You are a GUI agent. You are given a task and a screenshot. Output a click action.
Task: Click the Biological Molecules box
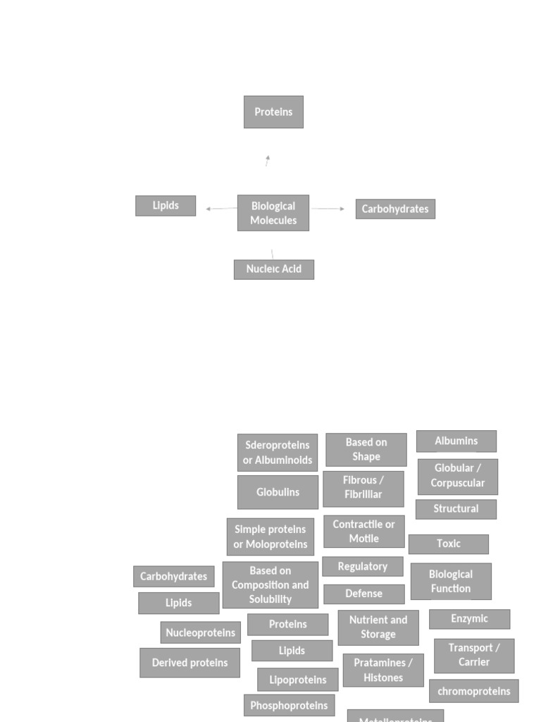click(x=273, y=213)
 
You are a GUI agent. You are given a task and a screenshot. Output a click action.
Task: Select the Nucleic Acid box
click(x=274, y=269)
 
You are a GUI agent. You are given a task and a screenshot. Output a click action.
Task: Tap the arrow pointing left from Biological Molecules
click(x=221, y=209)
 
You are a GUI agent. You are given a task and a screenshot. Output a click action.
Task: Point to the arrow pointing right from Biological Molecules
click(x=328, y=209)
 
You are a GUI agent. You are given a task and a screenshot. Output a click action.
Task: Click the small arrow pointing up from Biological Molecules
click(x=268, y=161)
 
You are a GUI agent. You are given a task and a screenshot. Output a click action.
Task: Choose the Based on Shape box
click(x=366, y=450)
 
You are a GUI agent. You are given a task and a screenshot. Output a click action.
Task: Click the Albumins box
click(x=456, y=441)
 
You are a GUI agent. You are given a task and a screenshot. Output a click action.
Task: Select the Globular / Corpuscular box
click(x=458, y=477)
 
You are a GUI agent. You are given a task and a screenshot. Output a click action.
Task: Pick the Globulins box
click(x=278, y=492)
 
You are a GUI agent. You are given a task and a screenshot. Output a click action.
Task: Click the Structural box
click(x=456, y=509)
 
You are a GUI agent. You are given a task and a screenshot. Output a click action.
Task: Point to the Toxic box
click(x=449, y=544)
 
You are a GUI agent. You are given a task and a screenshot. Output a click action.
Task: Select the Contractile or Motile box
click(x=364, y=532)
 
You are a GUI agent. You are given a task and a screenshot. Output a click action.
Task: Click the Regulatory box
click(x=363, y=566)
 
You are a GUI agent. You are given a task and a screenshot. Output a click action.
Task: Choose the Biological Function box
click(x=451, y=582)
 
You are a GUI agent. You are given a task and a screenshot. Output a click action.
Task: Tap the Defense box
click(x=364, y=594)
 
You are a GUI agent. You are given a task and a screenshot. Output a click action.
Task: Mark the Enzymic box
click(x=469, y=619)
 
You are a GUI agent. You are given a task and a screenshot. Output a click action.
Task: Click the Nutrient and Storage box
click(x=378, y=628)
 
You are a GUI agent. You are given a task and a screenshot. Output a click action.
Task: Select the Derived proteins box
click(x=190, y=663)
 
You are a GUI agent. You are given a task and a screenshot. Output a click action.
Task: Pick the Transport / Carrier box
click(x=474, y=656)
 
